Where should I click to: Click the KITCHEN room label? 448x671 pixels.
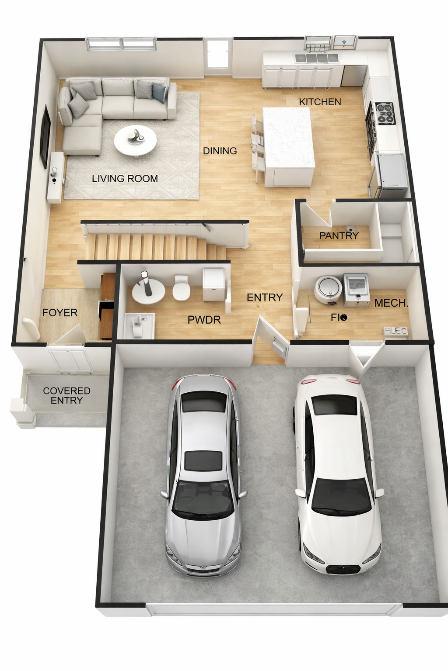point(320,102)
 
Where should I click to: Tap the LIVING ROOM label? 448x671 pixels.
point(125,179)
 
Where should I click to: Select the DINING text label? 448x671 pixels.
point(220,151)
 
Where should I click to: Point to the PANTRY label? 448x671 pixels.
point(339,236)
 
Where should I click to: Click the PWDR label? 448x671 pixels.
point(204,320)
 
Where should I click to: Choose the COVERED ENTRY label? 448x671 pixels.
point(66,396)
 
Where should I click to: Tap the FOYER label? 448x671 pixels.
point(60,313)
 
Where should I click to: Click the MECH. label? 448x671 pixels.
point(391,303)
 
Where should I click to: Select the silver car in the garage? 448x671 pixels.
point(203,476)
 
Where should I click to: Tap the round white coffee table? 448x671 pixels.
point(135,141)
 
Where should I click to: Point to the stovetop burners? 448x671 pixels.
point(385,113)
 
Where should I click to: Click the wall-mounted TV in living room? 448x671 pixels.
point(45,136)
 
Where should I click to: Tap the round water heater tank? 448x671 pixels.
point(328,288)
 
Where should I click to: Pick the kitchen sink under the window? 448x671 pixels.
point(317,58)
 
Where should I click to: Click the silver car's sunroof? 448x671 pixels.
point(203,461)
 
